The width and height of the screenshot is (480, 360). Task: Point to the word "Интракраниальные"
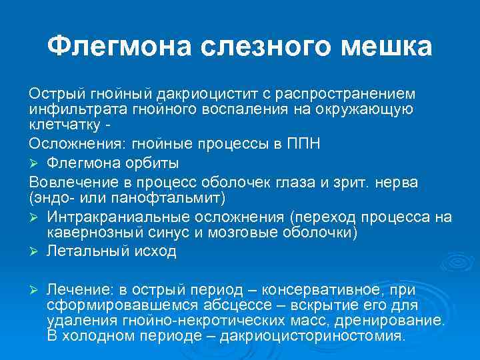115,217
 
